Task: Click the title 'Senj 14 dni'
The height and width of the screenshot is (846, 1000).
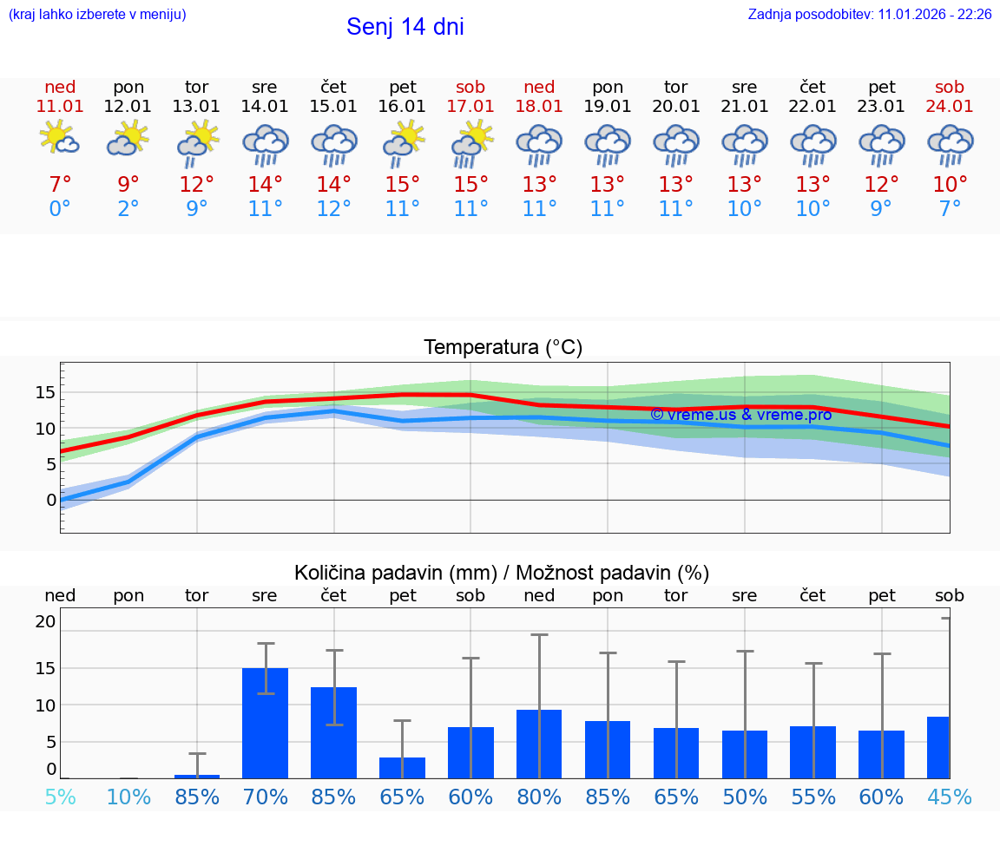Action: [405, 27]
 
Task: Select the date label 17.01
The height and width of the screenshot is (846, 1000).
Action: [470, 107]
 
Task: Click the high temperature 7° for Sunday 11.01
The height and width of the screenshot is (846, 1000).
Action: [59, 184]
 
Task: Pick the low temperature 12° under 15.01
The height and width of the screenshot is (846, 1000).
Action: [333, 208]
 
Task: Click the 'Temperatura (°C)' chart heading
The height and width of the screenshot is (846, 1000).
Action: [503, 348]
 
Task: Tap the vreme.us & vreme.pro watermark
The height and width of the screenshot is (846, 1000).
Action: [740, 415]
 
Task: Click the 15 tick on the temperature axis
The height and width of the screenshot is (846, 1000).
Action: [45, 392]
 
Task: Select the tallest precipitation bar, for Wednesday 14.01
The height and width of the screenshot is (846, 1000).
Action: [265, 722]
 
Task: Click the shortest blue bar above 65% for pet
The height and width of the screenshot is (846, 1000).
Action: [402, 767]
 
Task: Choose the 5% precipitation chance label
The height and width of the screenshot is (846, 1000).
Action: [59, 797]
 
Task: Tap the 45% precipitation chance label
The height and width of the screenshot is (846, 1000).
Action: [950, 797]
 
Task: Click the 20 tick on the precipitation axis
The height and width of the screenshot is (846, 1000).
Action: [45, 621]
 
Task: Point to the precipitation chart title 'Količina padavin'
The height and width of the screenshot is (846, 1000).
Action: [395, 573]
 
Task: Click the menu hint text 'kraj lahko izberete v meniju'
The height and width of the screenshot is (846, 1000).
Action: [97, 15]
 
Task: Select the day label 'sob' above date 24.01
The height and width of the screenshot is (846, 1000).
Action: [950, 88]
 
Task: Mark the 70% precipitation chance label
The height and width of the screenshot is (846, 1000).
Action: [265, 797]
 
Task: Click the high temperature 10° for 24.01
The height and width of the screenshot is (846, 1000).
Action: [950, 184]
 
